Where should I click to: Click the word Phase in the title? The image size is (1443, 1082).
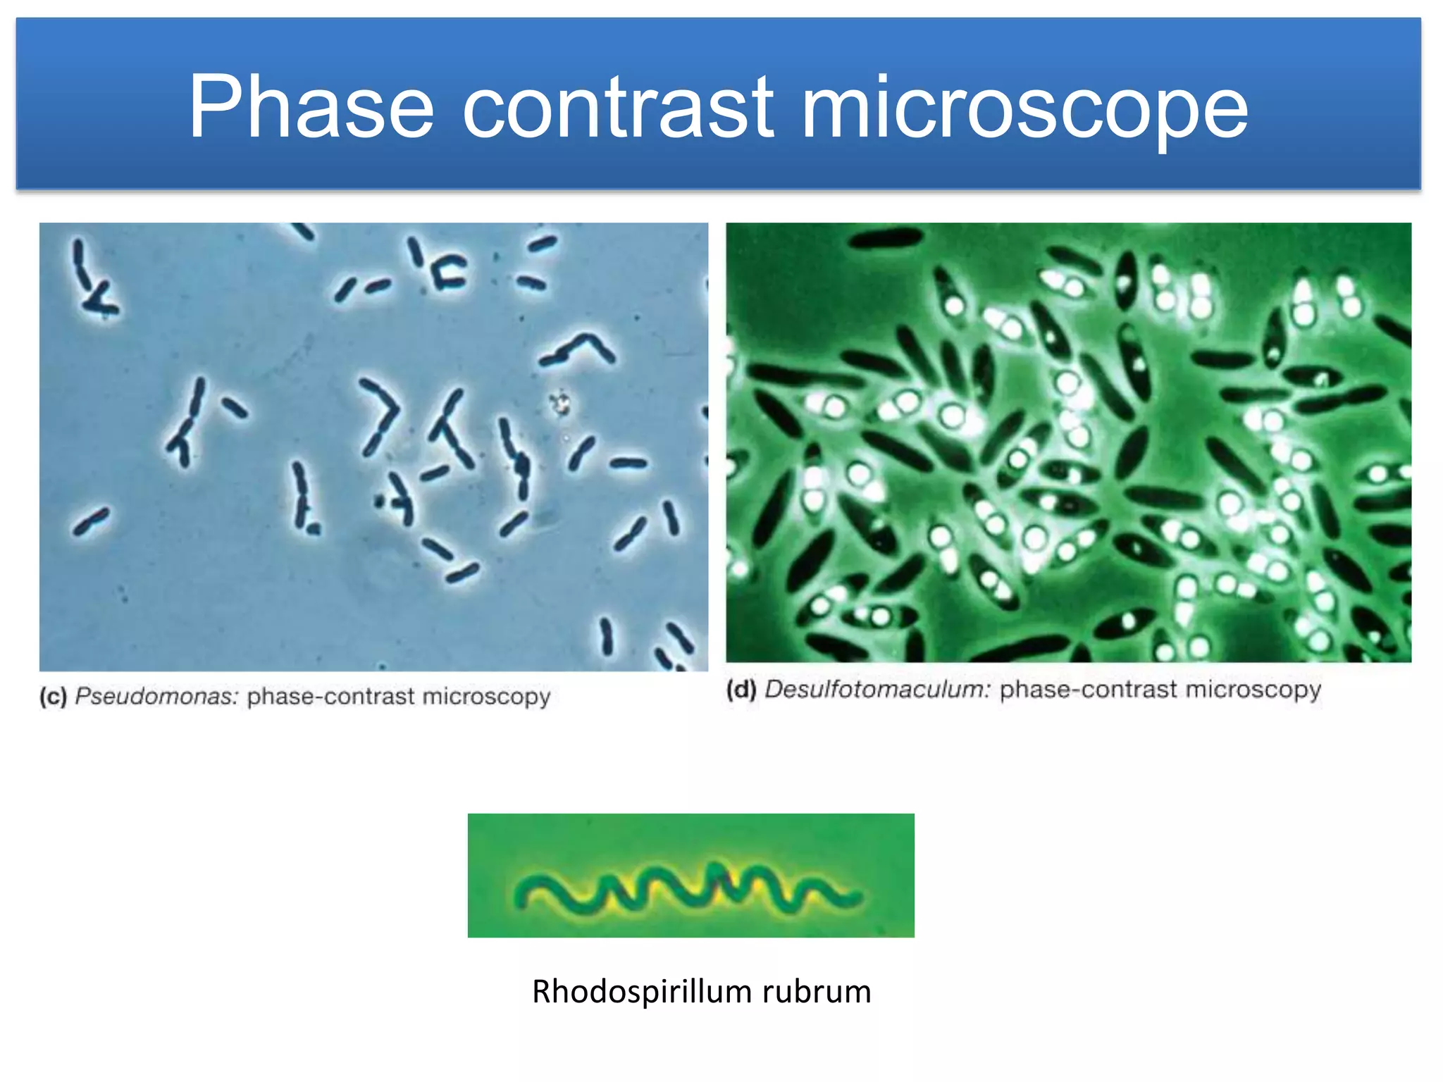(x=310, y=107)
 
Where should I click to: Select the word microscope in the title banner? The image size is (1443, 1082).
(x=1024, y=109)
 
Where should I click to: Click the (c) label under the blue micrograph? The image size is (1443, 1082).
(x=54, y=697)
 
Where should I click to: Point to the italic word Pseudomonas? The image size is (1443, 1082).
(x=157, y=697)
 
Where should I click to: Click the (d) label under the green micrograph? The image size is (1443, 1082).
(x=741, y=690)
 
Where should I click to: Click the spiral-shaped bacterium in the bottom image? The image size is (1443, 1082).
(x=687, y=892)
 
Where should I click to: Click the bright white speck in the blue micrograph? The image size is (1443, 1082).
(x=560, y=404)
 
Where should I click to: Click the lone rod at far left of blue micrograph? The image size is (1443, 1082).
(x=92, y=521)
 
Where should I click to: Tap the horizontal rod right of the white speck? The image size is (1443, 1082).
(x=628, y=464)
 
